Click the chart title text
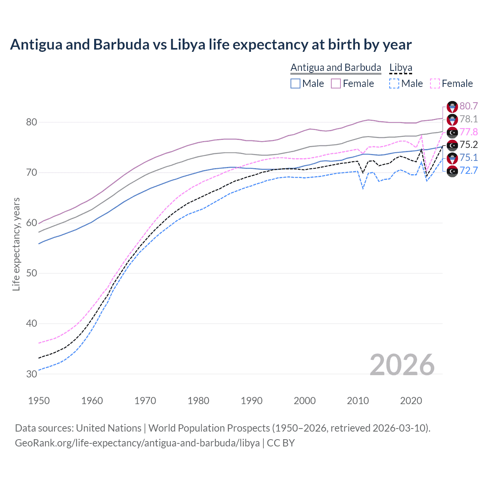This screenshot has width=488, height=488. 210,45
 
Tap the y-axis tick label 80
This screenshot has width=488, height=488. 31,122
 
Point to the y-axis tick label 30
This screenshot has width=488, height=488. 31,374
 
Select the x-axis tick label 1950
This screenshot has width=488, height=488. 39,401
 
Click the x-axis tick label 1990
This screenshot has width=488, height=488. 252,401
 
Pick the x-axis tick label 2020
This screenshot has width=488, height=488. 411,401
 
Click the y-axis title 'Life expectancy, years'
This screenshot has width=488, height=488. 16,244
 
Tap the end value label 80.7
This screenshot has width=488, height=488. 469,106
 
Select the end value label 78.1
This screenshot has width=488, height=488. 469,119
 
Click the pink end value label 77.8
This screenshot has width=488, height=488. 469,132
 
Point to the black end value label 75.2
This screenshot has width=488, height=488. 469,145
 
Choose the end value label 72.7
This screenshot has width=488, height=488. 469,170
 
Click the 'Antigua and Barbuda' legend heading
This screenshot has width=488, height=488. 335,67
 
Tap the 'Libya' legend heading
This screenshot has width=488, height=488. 401,67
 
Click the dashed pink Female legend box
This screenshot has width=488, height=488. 435,83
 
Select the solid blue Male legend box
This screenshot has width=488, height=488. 295,83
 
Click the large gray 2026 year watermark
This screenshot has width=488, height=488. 402,365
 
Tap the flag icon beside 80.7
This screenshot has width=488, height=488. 452,107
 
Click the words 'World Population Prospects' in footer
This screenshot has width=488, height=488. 209,428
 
